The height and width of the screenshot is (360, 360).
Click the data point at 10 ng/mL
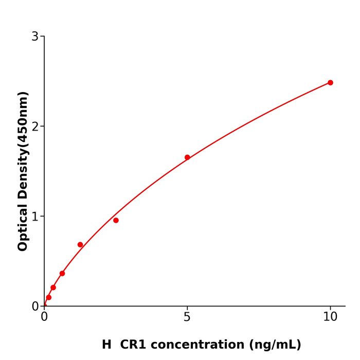point(330,83)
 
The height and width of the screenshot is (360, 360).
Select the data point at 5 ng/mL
point(187,157)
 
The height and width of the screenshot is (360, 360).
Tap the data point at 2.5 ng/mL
point(116,221)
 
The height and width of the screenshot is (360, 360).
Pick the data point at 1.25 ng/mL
point(80,245)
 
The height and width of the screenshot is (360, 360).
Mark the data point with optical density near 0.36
point(62,274)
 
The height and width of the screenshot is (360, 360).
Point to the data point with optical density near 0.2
point(53,287)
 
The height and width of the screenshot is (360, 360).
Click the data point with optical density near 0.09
point(49,297)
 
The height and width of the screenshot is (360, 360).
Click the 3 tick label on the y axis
point(35,37)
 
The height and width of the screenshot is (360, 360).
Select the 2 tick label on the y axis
point(35,127)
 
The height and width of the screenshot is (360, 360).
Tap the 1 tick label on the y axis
point(35,217)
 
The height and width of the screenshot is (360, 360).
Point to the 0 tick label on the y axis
point(35,307)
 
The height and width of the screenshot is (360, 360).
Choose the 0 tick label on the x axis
point(44,317)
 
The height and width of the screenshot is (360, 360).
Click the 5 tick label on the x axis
point(187,317)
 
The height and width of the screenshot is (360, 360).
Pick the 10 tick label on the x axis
point(330,317)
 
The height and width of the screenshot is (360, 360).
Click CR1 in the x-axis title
point(133,345)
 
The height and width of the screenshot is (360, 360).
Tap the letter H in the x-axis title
point(106,345)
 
